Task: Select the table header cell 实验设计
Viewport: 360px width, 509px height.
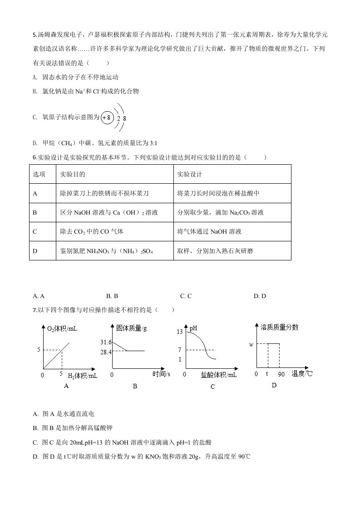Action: tap(190, 174)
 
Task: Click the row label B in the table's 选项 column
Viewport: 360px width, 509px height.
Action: tap(35, 212)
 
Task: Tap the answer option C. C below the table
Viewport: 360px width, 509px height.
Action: tap(186, 296)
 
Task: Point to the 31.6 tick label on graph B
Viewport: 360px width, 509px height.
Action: tap(106, 342)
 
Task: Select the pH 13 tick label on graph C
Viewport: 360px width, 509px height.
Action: tap(179, 332)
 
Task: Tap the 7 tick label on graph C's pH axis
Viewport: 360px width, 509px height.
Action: tap(180, 350)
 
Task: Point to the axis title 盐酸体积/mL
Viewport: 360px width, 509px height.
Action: tap(218, 375)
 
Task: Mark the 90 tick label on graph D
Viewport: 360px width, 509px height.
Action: tap(281, 374)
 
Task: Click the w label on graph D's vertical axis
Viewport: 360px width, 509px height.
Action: tap(251, 345)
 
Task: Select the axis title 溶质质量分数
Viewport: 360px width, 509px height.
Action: tap(280, 327)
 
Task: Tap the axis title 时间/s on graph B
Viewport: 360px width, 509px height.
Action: tap(161, 374)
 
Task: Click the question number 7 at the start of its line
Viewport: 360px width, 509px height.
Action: tap(35, 310)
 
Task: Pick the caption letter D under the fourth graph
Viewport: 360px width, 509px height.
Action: tap(274, 385)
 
